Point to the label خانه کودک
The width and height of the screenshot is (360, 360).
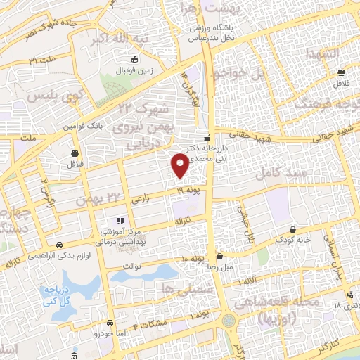point(293,240)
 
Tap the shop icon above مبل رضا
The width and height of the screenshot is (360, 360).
point(220,257)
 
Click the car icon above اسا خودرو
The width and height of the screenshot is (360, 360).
point(110,323)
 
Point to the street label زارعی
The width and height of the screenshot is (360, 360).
point(143,200)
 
